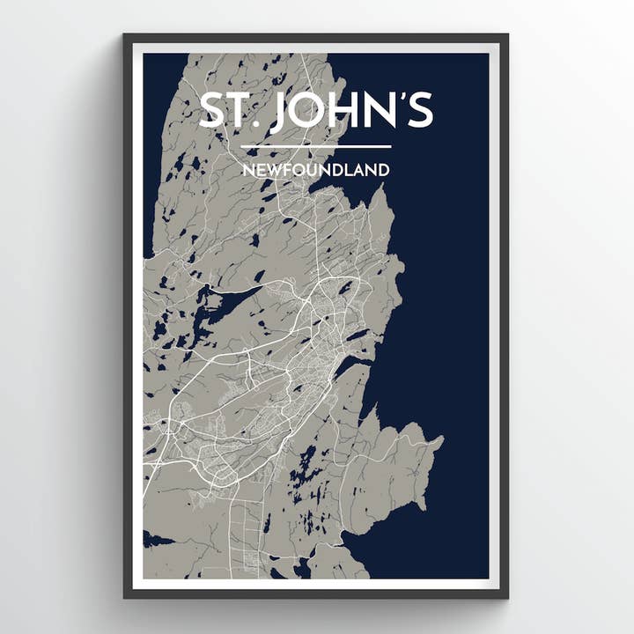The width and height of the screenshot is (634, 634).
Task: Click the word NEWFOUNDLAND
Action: click(x=315, y=169)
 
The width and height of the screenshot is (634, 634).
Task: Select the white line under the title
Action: click(x=315, y=146)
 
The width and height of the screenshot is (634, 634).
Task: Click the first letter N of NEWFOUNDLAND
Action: click(x=247, y=169)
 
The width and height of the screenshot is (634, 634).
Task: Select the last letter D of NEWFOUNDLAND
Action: click(x=382, y=169)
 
